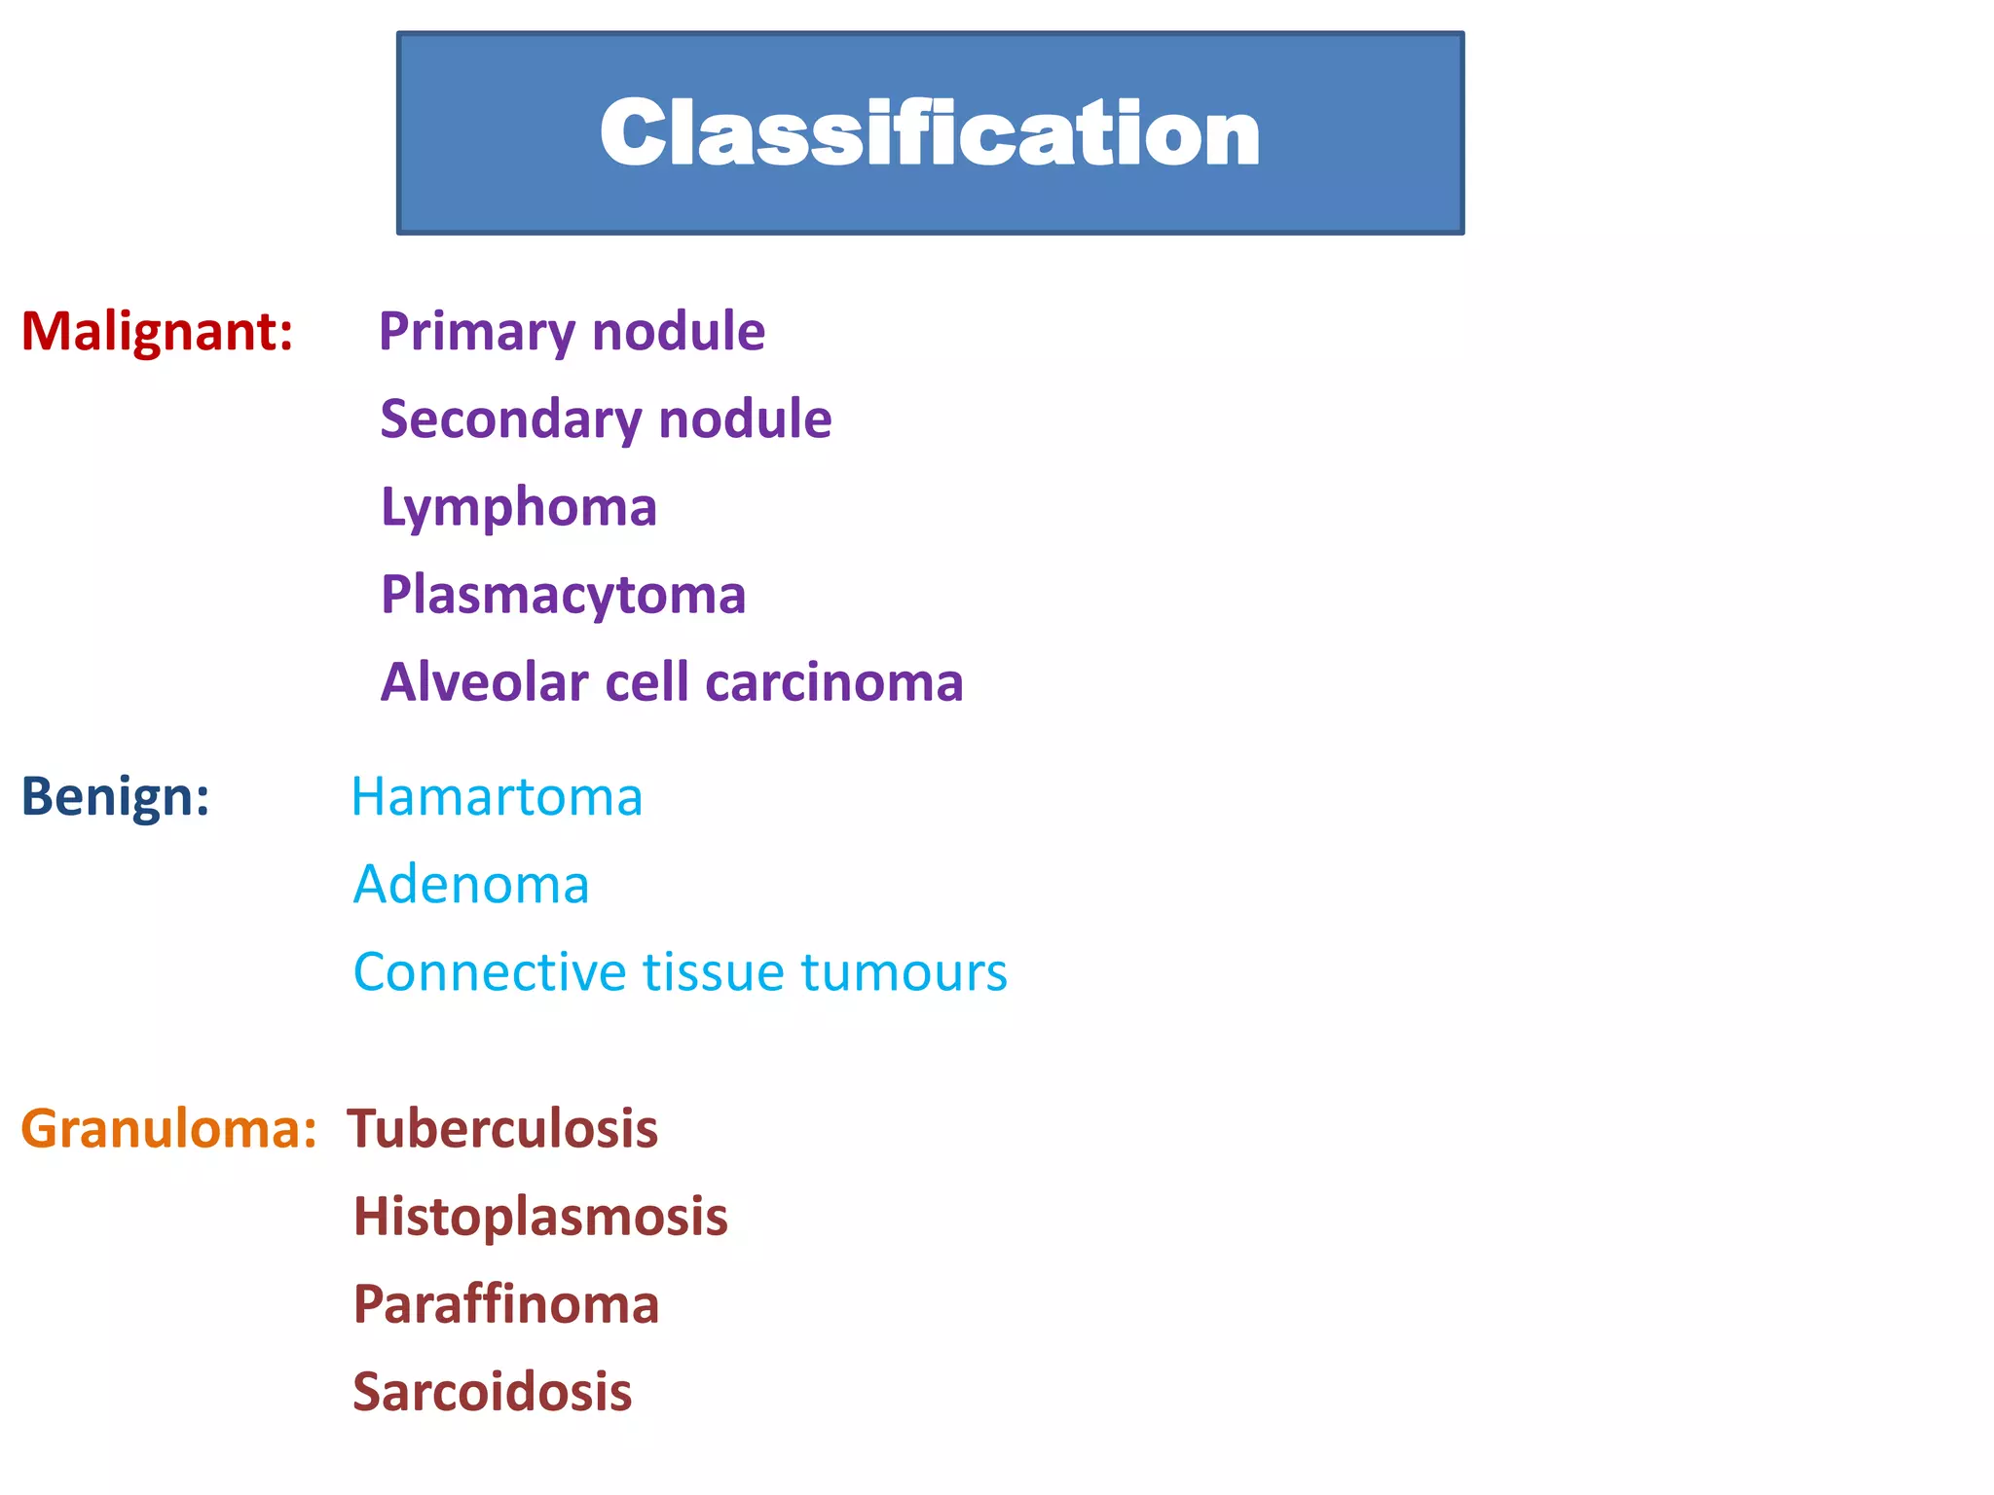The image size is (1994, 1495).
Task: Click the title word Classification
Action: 930,133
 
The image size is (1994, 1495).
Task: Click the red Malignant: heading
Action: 157,331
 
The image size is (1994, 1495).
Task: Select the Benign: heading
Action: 115,796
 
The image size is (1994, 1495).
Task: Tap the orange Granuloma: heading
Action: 168,1129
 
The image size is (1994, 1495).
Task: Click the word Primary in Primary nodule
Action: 476,332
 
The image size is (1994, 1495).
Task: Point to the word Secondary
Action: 511,419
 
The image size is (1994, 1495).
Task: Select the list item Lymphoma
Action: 518,508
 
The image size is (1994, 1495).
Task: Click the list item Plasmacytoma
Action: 563,595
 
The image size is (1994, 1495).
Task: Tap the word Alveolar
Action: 484,681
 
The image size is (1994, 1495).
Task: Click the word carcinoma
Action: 834,682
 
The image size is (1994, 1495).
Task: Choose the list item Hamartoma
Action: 497,796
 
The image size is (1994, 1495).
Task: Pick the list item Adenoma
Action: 471,884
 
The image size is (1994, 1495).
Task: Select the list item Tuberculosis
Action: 502,1129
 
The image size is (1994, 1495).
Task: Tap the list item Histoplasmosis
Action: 540,1217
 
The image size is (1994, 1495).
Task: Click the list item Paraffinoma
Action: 505,1304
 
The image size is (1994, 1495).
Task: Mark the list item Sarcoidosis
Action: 492,1392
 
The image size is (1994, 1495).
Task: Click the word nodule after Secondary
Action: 745,419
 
